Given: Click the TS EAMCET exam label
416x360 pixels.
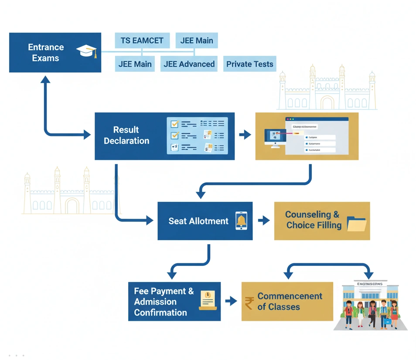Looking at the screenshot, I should pos(142,41).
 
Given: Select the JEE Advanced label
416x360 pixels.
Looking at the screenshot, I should pos(189,64).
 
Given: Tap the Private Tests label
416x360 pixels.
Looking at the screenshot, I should pos(249,64).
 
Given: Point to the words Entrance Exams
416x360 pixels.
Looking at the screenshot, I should pos(46,52).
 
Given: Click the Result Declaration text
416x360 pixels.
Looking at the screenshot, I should pos(126,135).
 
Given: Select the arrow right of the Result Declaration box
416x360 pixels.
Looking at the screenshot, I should pos(245,135).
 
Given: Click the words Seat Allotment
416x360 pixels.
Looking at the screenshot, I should pos(198,221).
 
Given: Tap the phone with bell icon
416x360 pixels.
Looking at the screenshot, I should pos(241,221).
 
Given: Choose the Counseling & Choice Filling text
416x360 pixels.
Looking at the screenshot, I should pos(313,220).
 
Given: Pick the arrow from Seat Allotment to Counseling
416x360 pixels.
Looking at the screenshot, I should pos(263,221).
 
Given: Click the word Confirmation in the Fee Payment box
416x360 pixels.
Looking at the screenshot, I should pos(160,312).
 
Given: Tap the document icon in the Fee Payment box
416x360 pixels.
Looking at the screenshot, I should pos(208,300).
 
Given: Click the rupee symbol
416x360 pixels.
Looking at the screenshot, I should pos(249,302).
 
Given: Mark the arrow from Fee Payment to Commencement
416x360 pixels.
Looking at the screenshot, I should pos(231,301).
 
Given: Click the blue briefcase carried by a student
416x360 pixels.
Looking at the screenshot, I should pos(387,322).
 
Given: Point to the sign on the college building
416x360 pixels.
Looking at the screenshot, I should pos(370,284).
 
